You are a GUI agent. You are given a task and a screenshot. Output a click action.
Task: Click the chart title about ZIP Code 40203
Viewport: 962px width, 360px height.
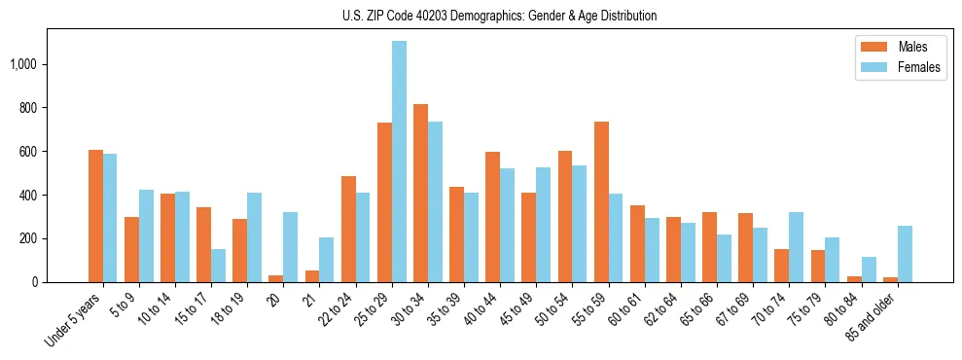tap(499, 16)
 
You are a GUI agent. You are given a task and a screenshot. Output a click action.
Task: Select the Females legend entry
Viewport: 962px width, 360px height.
tap(905, 67)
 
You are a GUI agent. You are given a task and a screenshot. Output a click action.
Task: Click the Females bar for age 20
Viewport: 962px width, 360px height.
tap(290, 247)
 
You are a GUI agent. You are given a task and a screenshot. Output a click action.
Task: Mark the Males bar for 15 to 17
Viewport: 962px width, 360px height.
tap(203, 244)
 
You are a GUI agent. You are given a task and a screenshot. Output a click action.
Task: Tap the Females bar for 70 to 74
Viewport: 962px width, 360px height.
tap(796, 247)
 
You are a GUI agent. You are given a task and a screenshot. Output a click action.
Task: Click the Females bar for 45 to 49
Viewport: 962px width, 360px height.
tap(543, 225)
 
